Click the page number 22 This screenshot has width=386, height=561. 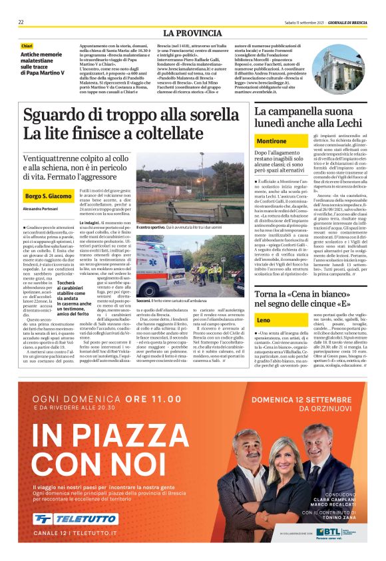click(21, 22)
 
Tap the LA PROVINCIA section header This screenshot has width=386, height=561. click(192, 33)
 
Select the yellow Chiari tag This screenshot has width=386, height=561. click(27, 46)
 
